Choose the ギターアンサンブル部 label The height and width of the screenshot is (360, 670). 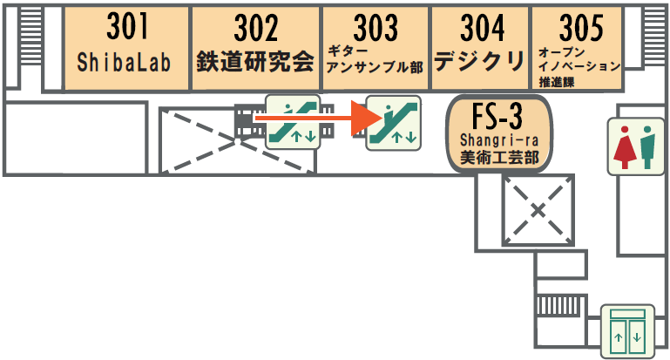click(x=375, y=59)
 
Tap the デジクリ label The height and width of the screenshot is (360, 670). click(x=480, y=61)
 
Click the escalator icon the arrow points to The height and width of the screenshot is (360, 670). click(x=393, y=123)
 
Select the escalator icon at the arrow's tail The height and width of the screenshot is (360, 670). click(x=292, y=122)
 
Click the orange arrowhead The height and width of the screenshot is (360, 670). click(x=363, y=118)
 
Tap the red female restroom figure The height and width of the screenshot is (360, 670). click(x=623, y=144)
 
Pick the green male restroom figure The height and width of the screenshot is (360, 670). click(x=647, y=144)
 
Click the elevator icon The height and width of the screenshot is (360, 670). click(x=626, y=331)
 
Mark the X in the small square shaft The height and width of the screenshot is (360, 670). click(x=538, y=209)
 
